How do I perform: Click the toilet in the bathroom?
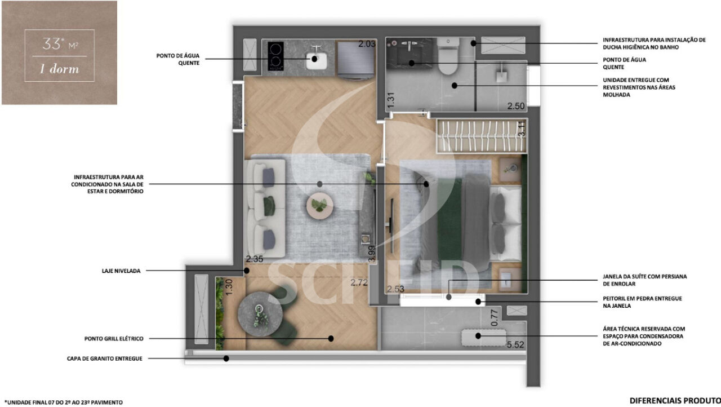click(x=448, y=57)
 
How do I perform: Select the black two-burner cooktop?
click(x=276, y=56)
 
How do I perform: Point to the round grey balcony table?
click(x=260, y=315)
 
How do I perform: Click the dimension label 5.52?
click(x=515, y=345)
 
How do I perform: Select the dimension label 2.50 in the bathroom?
click(x=516, y=106)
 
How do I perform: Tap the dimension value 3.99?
click(x=371, y=254)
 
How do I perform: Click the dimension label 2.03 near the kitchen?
click(x=367, y=44)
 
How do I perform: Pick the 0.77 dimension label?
click(x=495, y=317)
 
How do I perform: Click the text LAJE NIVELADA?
click(x=121, y=271)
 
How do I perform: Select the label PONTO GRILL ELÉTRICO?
click(x=114, y=338)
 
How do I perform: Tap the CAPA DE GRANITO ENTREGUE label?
click(x=105, y=359)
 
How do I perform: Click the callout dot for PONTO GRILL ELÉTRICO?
click(x=331, y=338)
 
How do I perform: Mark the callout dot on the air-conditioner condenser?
click(x=478, y=336)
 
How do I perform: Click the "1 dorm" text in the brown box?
click(x=59, y=69)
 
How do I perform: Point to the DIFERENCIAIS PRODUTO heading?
click(x=675, y=401)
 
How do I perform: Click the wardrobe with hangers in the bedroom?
click(x=481, y=136)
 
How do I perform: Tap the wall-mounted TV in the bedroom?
click(x=391, y=225)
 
